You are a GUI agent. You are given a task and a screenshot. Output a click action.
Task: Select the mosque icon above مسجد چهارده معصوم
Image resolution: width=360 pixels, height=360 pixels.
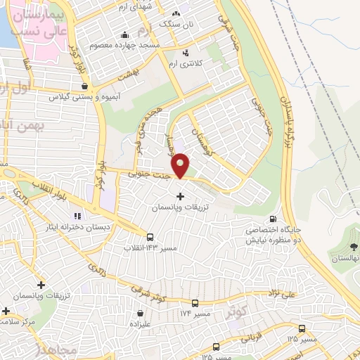(x=125, y=34)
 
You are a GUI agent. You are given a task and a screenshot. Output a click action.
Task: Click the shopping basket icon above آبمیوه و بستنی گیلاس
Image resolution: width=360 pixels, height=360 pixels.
(x=85, y=86)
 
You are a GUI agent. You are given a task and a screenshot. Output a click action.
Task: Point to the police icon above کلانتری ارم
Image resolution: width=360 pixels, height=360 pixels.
(x=185, y=53)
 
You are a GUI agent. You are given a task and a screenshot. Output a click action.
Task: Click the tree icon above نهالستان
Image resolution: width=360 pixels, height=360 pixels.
(x=353, y=246)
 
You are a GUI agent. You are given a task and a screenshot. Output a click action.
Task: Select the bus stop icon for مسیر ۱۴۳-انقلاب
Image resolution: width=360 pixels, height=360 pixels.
(x=150, y=237)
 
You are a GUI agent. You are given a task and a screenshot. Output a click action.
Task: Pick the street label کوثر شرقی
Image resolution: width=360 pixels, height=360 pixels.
(x=146, y=289)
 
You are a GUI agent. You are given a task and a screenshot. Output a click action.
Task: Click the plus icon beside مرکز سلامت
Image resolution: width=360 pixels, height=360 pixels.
(x=6, y=310)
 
